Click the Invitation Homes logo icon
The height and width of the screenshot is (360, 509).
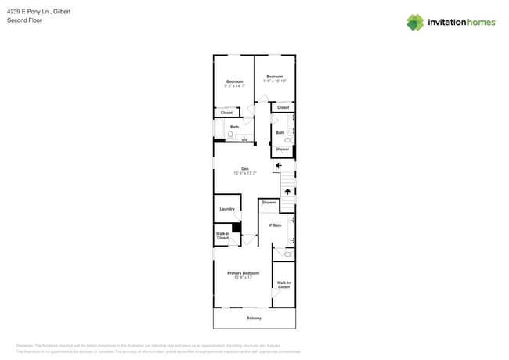point(415,23)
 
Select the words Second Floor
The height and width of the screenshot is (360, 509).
point(24,20)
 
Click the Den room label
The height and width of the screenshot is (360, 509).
point(244,169)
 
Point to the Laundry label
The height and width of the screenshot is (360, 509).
point(227,209)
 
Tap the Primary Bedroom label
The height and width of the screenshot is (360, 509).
point(243,273)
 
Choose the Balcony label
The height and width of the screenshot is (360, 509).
point(254,318)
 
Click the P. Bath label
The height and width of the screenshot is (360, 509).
point(275,225)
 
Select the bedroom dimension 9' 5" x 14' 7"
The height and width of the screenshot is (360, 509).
point(235,86)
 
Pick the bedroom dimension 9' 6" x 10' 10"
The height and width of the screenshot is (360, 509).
point(275,81)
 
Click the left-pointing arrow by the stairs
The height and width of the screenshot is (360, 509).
point(278,165)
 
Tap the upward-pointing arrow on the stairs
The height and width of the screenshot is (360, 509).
point(287,191)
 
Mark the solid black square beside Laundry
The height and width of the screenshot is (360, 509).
point(236,228)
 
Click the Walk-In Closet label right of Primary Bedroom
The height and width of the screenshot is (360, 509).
point(283,284)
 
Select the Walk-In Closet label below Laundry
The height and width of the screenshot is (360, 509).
point(222,235)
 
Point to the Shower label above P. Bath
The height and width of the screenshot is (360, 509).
point(269,202)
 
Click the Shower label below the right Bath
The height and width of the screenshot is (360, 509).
point(282,149)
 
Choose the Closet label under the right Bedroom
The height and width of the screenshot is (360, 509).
point(283,107)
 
